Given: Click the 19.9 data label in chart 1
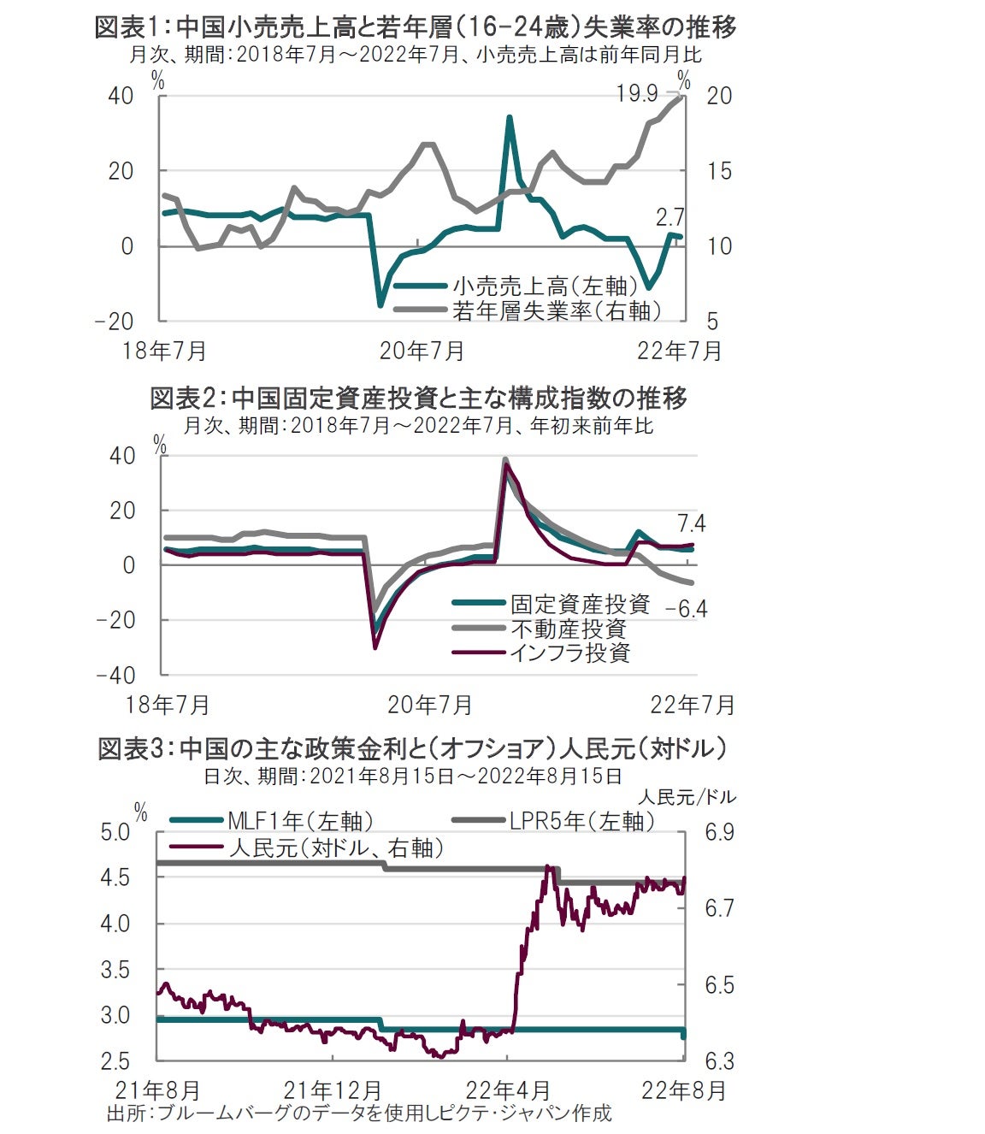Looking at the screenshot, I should coord(637,93).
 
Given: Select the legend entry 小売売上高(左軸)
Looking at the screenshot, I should coord(545,286).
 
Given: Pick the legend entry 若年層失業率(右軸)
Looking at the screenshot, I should coord(557,310).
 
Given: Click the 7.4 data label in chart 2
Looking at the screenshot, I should coord(691,523).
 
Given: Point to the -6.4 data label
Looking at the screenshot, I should coord(687,609).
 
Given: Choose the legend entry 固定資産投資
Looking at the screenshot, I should coord(580,604).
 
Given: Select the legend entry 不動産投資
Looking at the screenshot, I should coord(569,629).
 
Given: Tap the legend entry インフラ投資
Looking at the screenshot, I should coord(569,653).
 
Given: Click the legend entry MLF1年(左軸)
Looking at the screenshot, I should coord(300,821).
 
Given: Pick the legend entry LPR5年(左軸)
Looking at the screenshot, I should coord(581,821).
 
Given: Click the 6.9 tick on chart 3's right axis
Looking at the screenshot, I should coord(719,832).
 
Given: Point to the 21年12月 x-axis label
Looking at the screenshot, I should coord(333,1090).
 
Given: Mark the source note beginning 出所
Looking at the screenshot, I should coord(359,1113).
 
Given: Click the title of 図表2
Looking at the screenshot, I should coord(418,398).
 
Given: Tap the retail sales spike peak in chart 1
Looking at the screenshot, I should coord(510,117).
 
